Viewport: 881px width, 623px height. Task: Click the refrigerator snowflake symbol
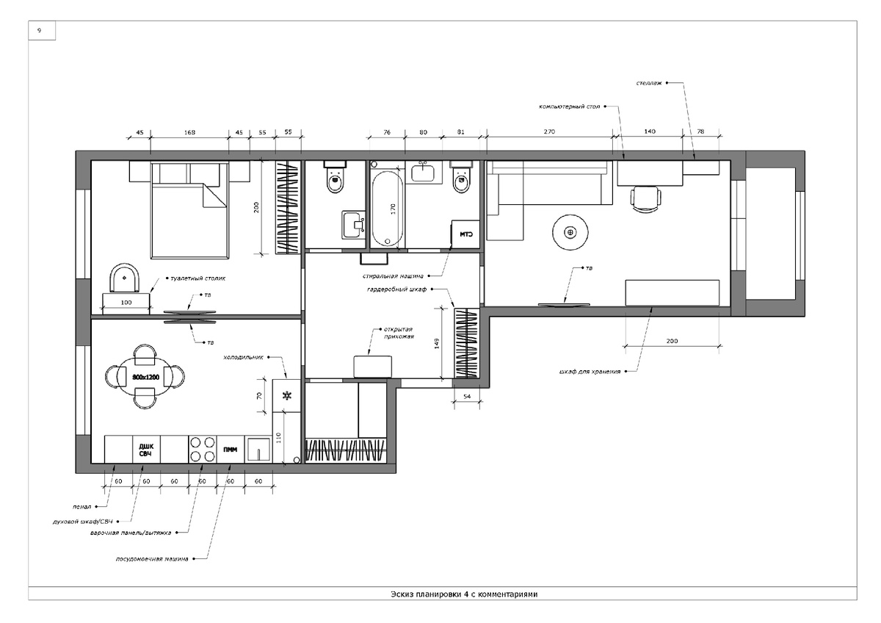(288, 395)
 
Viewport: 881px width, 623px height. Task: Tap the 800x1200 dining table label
(145, 377)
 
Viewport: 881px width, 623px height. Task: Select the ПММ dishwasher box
(231, 450)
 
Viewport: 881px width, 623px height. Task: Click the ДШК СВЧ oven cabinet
(146, 450)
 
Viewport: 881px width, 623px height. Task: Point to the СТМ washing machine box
(465, 234)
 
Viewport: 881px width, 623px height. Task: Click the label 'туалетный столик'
(197, 278)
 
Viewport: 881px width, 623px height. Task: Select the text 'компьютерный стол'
(570, 107)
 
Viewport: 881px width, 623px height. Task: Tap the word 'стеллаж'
(649, 83)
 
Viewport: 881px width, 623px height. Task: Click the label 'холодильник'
(243, 357)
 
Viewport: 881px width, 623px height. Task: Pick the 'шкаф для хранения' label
(590, 371)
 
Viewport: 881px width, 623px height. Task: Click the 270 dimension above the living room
(549, 132)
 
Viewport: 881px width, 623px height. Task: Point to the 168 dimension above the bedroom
(189, 132)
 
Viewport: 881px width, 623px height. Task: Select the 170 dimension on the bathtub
(393, 209)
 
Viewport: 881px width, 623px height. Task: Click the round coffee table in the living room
(570, 233)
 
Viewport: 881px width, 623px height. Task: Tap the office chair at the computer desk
(646, 199)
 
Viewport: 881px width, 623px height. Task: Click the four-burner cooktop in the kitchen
(203, 450)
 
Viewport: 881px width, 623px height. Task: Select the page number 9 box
(42, 30)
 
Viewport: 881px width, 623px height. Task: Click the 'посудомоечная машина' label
(152, 559)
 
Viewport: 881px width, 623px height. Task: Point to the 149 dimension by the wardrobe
(437, 344)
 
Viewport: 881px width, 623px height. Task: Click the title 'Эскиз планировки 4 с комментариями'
(464, 594)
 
